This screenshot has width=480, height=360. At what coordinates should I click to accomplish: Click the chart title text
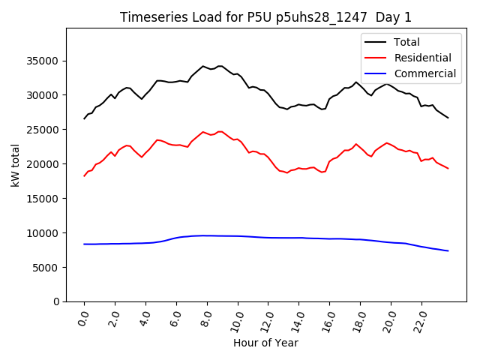click(x=265, y=17)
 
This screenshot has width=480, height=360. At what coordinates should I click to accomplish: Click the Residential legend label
click(x=423, y=58)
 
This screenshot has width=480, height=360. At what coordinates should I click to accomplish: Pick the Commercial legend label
click(x=425, y=73)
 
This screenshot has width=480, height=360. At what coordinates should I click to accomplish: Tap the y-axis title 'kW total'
click(x=16, y=165)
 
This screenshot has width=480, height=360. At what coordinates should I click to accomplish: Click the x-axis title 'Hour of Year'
click(x=265, y=343)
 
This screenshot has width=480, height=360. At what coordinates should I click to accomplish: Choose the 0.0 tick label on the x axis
click(x=83, y=319)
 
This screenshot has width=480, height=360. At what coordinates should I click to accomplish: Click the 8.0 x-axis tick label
click(x=206, y=319)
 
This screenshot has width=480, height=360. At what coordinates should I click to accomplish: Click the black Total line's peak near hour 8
click(x=203, y=66)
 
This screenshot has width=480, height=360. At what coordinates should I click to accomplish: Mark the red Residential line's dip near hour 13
click(x=286, y=172)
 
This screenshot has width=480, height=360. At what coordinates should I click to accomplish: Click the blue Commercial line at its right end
click(x=448, y=250)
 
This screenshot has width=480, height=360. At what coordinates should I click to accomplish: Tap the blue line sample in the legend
click(x=376, y=73)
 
